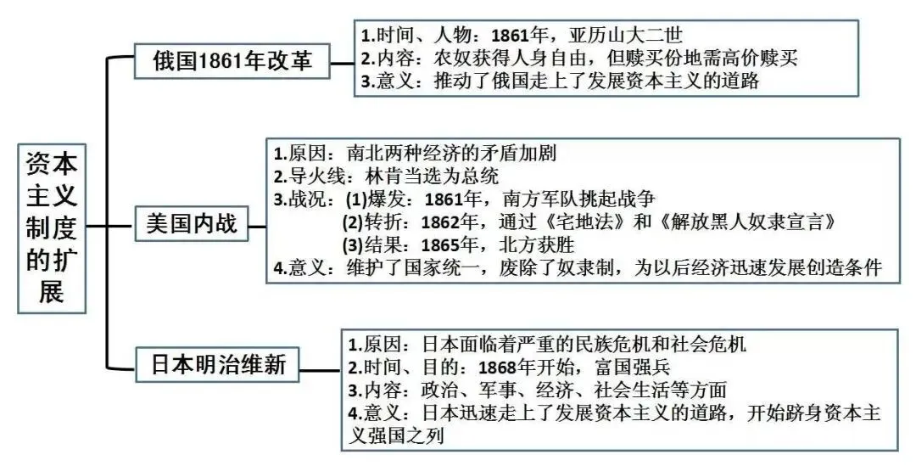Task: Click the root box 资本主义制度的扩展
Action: point(52,228)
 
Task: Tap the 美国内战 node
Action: point(194,225)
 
